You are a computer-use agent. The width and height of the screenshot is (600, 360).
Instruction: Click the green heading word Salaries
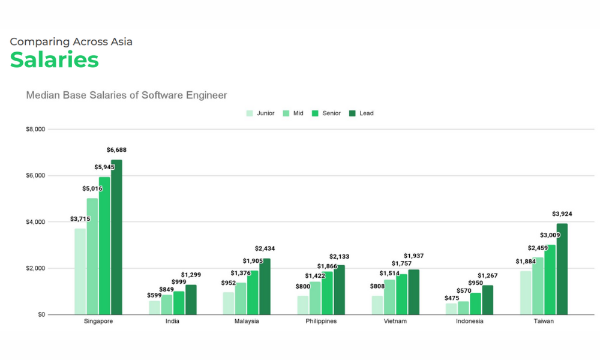tap(54, 60)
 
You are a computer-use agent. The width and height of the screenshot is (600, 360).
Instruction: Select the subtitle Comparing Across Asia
tap(71, 41)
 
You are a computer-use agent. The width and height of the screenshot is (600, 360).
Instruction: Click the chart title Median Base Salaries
tap(126, 95)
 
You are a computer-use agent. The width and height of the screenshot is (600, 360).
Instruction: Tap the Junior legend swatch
tap(250, 113)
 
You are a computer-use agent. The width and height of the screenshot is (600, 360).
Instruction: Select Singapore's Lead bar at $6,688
tap(116, 237)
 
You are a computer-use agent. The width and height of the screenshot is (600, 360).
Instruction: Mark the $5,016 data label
tap(92, 188)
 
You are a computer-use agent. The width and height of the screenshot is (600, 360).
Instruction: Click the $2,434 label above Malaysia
tap(265, 248)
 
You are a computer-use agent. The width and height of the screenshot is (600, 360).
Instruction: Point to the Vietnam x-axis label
tap(395, 321)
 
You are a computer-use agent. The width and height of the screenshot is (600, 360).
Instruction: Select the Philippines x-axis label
tap(320, 321)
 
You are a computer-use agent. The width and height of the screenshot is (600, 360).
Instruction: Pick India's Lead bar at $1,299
tap(191, 299)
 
